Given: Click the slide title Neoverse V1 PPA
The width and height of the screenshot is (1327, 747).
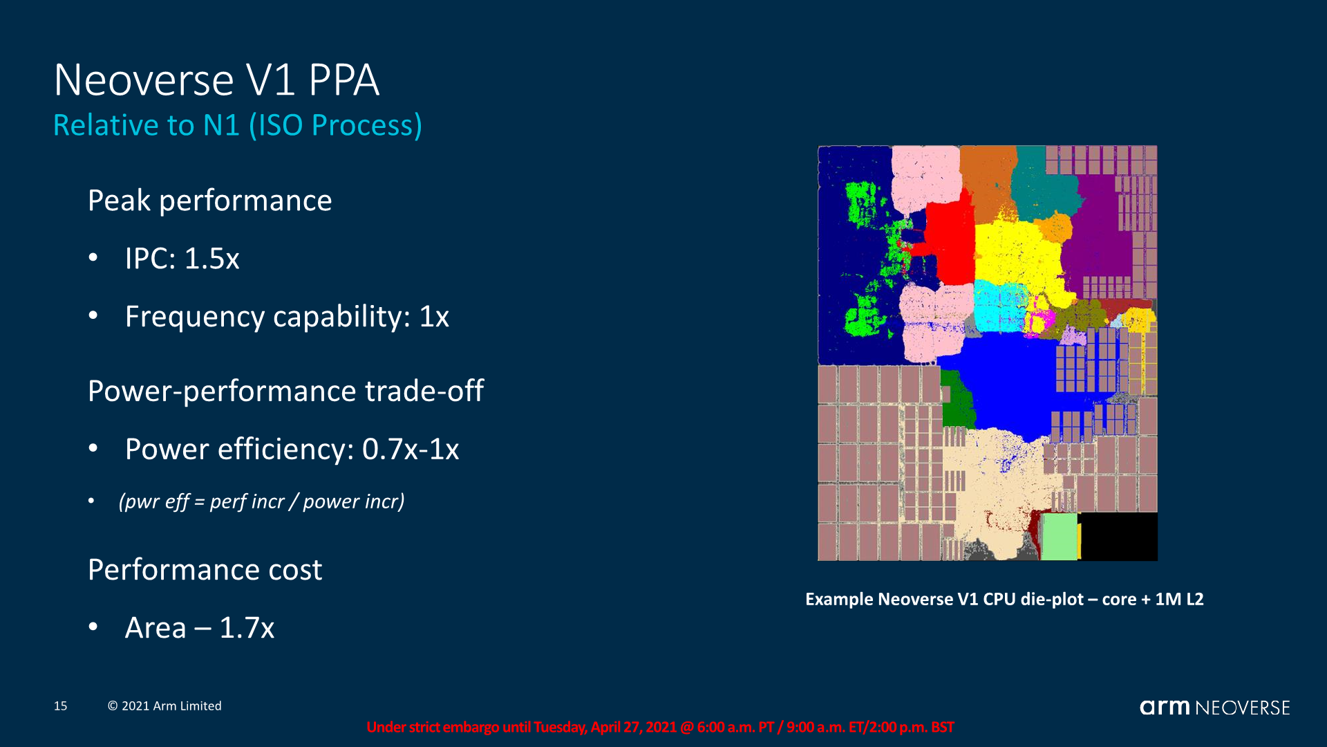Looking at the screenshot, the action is (216, 80).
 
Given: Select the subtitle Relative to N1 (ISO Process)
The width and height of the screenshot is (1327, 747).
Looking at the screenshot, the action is (238, 125).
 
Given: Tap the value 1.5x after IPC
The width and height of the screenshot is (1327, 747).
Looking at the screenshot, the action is (211, 259).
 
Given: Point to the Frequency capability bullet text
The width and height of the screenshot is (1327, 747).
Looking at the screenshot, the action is (287, 317).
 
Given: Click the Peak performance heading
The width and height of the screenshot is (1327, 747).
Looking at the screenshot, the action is (209, 201).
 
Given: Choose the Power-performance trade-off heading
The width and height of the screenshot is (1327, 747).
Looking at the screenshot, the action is (285, 391).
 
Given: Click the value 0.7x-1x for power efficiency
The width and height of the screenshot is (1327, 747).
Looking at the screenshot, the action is (411, 450).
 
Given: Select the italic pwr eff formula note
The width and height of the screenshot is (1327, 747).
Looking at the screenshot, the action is (261, 501).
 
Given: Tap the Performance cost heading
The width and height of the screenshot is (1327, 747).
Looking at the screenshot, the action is (205, 569).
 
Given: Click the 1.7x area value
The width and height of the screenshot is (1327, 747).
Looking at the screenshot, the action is (247, 628).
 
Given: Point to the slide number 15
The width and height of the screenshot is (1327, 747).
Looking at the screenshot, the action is (61, 706).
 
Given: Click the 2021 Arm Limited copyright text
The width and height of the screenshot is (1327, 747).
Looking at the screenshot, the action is (164, 706).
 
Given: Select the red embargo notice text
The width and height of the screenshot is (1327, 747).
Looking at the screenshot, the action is (660, 727).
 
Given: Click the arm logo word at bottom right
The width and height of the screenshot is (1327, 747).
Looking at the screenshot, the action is (1165, 707).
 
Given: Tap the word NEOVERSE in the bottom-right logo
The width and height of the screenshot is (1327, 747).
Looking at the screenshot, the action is (1243, 708).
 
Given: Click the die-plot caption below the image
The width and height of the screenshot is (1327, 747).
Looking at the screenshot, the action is (1004, 599).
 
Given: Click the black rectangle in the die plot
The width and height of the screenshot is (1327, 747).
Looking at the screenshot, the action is (1118, 537).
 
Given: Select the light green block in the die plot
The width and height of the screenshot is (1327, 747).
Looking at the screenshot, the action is (1060, 537).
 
